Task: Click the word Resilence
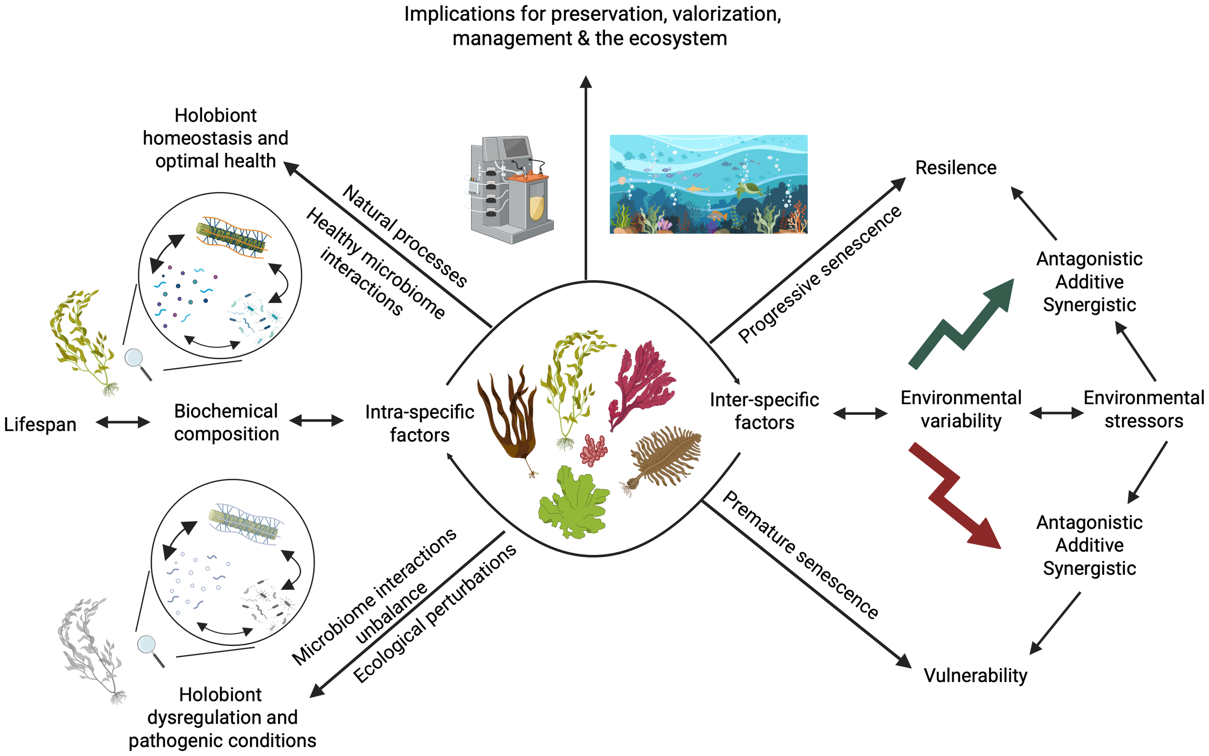click(x=956, y=168)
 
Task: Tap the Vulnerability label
click(x=975, y=675)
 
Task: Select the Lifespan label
click(x=40, y=424)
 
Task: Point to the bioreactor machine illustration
click(x=510, y=190)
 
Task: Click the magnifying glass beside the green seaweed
click(x=136, y=362)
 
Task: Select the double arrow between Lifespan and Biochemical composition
click(x=122, y=422)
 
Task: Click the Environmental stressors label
click(x=1143, y=409)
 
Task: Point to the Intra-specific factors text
click(x=419, y=423)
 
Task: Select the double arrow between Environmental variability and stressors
click(x=1056, y=413)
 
